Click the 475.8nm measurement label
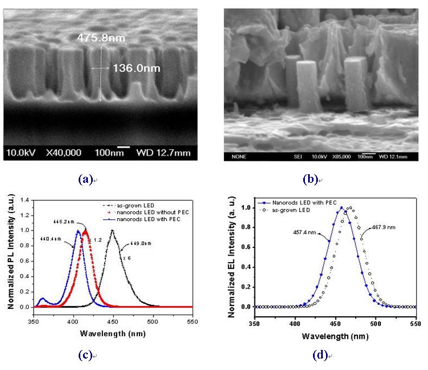pyautogui.click(x=99, y=39)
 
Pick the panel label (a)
pyautogui.click(x=87, y=178)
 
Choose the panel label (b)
pyautogui.click(x=309, y=178)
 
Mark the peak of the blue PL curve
pyautogui.click(x=78, y=231)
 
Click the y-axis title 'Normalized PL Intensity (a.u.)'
pyautogui.click(x=10, y=254)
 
